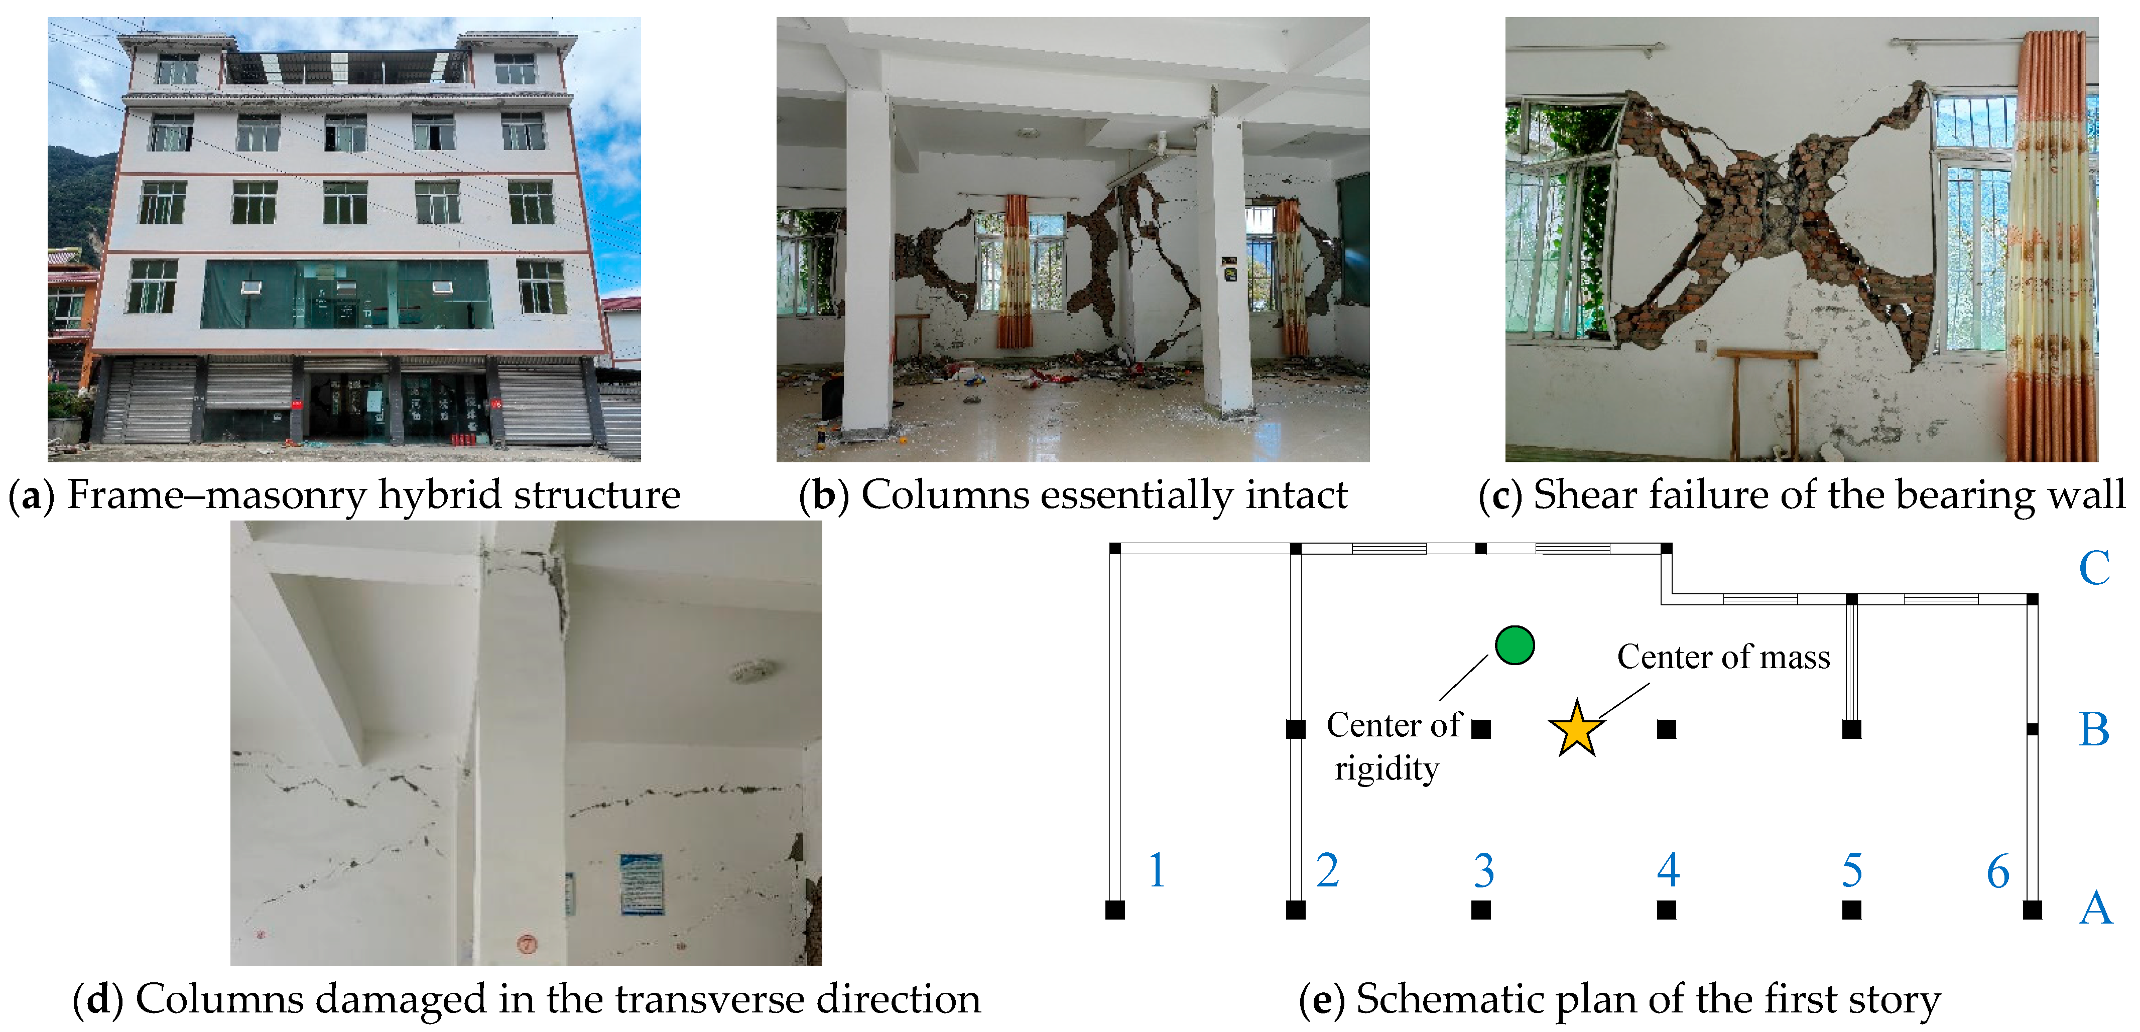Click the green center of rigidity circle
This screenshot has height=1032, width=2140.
pyautogui.click(x=1514, y=646)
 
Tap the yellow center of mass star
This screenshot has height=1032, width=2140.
pyautogui.click(x=1576, y=729)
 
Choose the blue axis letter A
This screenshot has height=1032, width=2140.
pyautogui.click(x=2095, y=908)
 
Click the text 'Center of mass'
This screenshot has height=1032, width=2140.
pyautogui.click(x=1723, y=657)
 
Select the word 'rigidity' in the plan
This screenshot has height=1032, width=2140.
pyautogui.click(x=1387, y=768)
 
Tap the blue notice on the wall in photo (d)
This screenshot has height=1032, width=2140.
pyautogui.click(x=642, y=884)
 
